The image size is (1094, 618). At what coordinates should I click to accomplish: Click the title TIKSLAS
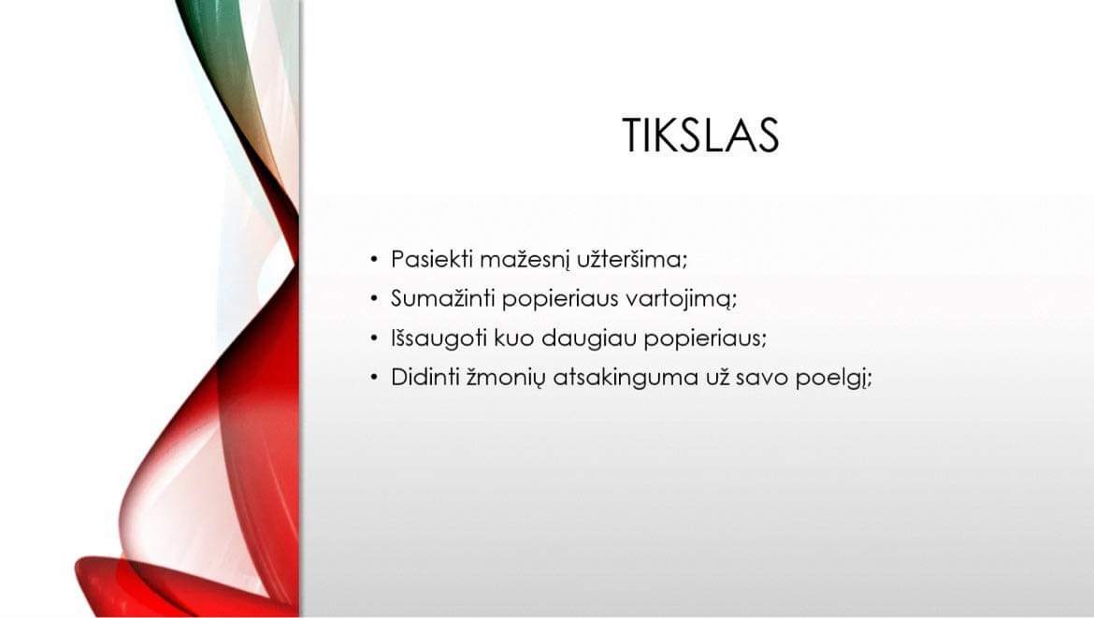(x=700, y=135)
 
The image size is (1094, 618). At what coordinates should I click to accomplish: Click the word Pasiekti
(x=432, y=259)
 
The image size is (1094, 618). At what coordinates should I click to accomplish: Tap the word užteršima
(x=632, y=259)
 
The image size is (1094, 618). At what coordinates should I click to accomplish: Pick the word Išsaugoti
(x=439, y=338)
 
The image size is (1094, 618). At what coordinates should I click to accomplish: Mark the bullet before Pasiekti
(x=374, y=260)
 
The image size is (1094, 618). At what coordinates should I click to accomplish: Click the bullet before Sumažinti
(x=374, y=299)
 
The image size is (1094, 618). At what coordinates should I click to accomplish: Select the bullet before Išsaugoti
(x=374, y=339)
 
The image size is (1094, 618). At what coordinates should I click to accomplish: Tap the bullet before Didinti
(x=374, y=378)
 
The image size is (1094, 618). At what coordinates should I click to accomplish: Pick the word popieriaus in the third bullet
(x=705, y=339)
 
